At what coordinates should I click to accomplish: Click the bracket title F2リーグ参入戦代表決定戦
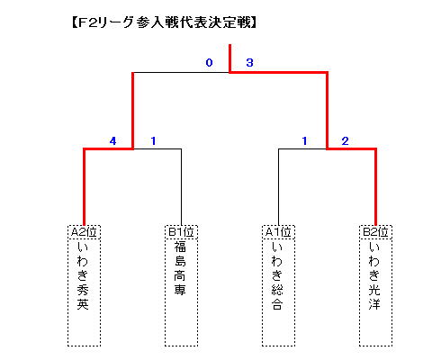pyautogui.click(x=164, y=22)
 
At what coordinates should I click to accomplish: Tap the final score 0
pyautogui.click(x=209, y=63)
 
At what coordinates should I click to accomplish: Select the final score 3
pyautogui.click(x=249, y=63)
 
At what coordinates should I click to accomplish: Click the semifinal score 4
pyautogui.click(x=112, y=140)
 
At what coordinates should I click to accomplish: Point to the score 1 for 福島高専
pyautogui.click(x=153, y=140)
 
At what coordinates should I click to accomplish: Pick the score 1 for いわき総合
pyautogui.click(x=304, y=140)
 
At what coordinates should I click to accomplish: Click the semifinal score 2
pyautogui.click(x=345, y=140)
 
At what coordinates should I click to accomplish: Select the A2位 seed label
pyautogui.click(x=84, y=232)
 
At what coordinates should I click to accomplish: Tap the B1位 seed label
pyautogui.click(x=181, y=232)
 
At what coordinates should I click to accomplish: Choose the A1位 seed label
pyautogui.click(x=278, y=232)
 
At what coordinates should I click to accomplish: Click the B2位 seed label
pyautogui.click(x=375, y=232)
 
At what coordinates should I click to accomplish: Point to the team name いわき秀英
pyautogui.click(x=83, y=275)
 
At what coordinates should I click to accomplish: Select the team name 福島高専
pyautogui.click(x=180, y=268)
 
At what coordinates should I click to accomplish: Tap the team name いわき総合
pyautogui.click(x=277, y=275)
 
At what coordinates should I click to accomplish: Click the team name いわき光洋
pyautogui.click(x=374, y=275)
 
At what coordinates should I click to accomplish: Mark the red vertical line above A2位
pyautogui.click(x=85, y=186)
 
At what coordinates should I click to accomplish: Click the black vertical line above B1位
pyautogui.click(x=181, y=187)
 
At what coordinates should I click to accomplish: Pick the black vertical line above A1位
pyautogui.click(x=278, y=187)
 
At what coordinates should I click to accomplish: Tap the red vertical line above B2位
pyautogui.click(x=375, y=186)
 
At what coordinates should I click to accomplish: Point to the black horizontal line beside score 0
pyautogui.click(x=181, y=72)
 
